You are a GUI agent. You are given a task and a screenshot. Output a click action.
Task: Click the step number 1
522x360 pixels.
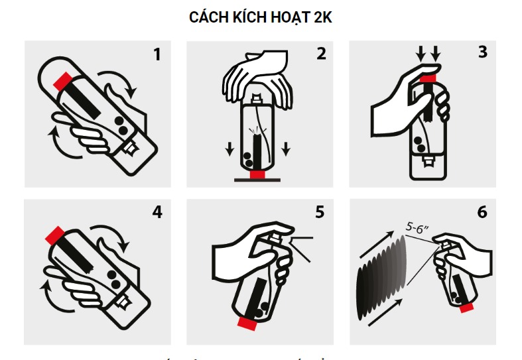(x=157, y=54)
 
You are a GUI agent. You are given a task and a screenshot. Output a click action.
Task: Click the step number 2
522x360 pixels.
(x=321, y=54)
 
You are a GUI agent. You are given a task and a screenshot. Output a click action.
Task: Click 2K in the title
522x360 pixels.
(x=322, y=19)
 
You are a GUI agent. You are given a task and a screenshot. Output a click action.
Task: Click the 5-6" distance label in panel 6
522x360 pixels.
(x=417, y=227)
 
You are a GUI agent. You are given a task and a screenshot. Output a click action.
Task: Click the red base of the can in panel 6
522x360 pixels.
(x=466, y=307)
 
